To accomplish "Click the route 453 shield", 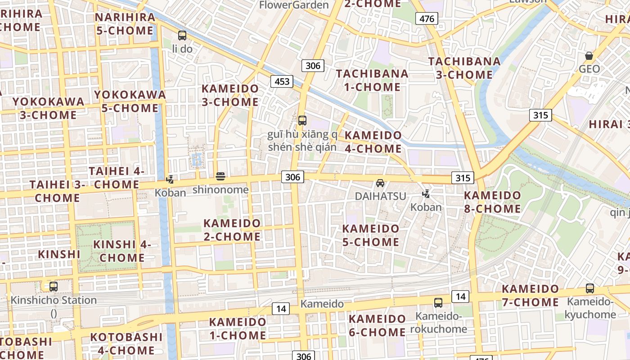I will tap(282, 81).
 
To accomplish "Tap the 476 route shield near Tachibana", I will tap(426, 18).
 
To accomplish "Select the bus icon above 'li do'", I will tap(182, 35).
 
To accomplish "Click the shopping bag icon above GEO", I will tap(589, 56).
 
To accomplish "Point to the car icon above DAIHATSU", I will tap(380, 183).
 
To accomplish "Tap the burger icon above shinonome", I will tap(220, 176).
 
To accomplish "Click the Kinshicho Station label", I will tap(54, 300).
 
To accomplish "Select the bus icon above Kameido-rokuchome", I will tap(438, 303).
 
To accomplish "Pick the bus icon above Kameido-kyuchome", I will tap(589, 288).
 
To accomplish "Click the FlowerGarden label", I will tap(294, 5).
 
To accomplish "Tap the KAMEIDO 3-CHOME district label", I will tap(230, 95).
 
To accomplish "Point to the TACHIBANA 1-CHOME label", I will tap(372, 80).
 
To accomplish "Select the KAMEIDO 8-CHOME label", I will tap(492, 202).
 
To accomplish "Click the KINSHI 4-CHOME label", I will tap(121, 251).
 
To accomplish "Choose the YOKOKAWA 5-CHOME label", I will tap(130, 101).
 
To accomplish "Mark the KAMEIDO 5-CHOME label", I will tap(371, 235).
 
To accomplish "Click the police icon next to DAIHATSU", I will tap(426, 194).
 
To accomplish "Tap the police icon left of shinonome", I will tap(170, 180).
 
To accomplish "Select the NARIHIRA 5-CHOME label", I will tap(125, 24).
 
